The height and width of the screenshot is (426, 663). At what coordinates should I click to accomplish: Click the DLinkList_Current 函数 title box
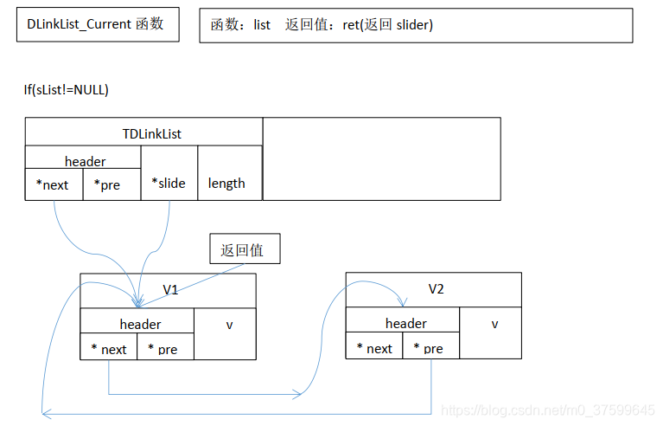pyautogui.click(x=98, y=24)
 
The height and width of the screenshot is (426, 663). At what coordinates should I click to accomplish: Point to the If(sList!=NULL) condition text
pyautogui.click(x=67, y=90)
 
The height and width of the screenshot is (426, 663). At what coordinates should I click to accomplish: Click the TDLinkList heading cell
pyautogui.click(x=143, y=132)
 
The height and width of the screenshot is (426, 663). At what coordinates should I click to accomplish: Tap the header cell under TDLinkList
pyautogui.click(x=84, y=160)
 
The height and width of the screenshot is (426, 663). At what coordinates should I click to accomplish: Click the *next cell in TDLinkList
pyautogui.click(x=54, y=184)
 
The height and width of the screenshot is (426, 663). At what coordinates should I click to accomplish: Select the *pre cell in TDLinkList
pyautogui.click(x=111, y=184)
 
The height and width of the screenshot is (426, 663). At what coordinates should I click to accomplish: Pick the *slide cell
pyautogui.click(x=169, y=183)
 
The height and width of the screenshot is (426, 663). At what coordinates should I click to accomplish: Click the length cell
pyautogui.click(x=226, y=183)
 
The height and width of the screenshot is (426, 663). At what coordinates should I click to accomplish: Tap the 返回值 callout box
pyautogui.click(x=241, y=250)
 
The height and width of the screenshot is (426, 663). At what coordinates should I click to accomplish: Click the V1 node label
pyautogui.click(x=170, y=289)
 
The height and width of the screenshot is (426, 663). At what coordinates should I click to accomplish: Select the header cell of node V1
pyautogui.click(x=139, y=324)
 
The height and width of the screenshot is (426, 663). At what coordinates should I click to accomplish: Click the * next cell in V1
pyautogui.click(x=109, y=349)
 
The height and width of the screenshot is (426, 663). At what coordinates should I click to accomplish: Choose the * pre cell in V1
pyautogui.click(x=164, y=349)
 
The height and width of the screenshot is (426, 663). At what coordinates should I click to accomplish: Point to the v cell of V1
pyautogui.click(x=228, y=326)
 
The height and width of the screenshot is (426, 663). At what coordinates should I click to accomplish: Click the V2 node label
pyautogui.click(x=436, y=288)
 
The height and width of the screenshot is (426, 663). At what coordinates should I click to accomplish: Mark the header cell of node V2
pyautogui.click(x=405, y=323)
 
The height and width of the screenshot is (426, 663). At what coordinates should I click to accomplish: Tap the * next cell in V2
pyautogui.click(x=374, y=348)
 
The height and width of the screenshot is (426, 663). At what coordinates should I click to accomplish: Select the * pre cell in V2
pyautogui.click(x=430, y=348)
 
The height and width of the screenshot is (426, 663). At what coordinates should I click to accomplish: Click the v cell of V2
pyautogui.click(x=494, y=325)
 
